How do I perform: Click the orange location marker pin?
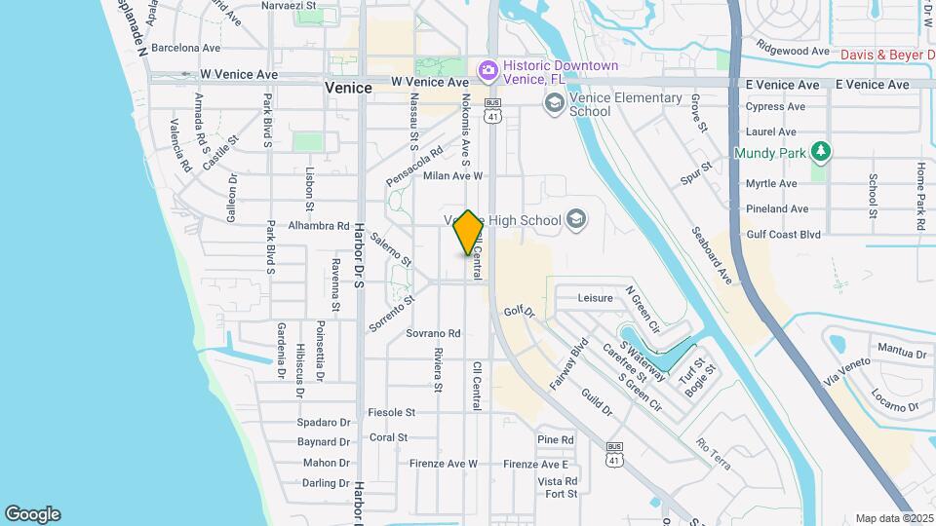click(469, 232)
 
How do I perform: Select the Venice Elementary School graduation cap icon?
click(554, 102)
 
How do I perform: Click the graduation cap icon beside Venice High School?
click(576, 219)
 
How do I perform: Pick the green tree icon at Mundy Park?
click(822, 152)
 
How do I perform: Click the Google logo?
click(32, 514)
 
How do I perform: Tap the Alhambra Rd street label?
click(319, 226)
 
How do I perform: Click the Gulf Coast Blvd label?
click(782, 234)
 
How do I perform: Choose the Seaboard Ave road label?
click(711, 255)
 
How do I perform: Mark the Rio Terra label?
click(714, 452)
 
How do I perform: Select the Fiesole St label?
click(392, 413)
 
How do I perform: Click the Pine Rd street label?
click(555, 440)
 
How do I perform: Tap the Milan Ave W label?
click(452, 176)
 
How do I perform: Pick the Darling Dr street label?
click(326, 483)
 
